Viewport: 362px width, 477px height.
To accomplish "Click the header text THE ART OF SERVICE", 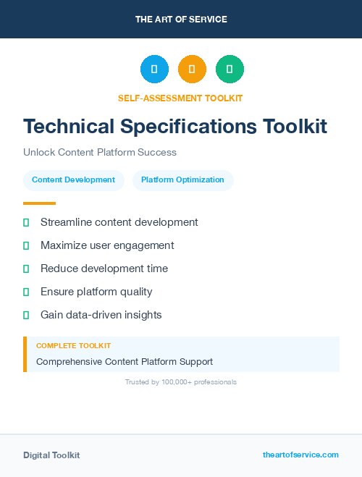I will (x=181, y=20).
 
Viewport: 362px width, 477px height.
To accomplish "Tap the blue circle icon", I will (x=154, y=69).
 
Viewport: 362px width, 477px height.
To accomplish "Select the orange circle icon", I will (x=192, y=69).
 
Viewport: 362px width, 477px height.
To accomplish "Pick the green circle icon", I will (x=230, y=69).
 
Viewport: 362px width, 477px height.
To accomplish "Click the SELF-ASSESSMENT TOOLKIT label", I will (x=180, y=98).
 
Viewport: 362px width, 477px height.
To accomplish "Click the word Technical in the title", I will (x=69, y=127).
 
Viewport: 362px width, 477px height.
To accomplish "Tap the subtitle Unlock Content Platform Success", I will (x=100, y=153).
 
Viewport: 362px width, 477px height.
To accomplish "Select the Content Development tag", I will (x=73, y=180).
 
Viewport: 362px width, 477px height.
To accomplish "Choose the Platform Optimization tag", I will (x=182, y=180).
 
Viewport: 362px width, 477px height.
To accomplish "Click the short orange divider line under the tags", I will (x=39, y=203).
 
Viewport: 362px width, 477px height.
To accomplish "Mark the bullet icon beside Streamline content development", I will (x=26, y=222).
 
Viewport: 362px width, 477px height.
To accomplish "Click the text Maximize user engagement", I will (x=107, y=245).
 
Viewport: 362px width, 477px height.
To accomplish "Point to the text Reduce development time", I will (x=104, y=269).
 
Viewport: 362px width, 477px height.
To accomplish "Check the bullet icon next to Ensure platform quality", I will (x=26, y=292).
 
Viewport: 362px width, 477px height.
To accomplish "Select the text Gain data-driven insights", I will (x=101, y=315).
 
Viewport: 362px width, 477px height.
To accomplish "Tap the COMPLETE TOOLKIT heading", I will (x=73, y=346).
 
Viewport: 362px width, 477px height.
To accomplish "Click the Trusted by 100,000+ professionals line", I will (x=181, y=381).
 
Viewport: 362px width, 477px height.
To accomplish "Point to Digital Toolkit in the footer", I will (x=51, y=455).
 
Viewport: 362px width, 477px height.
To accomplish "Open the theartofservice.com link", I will (x=300, y=455).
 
